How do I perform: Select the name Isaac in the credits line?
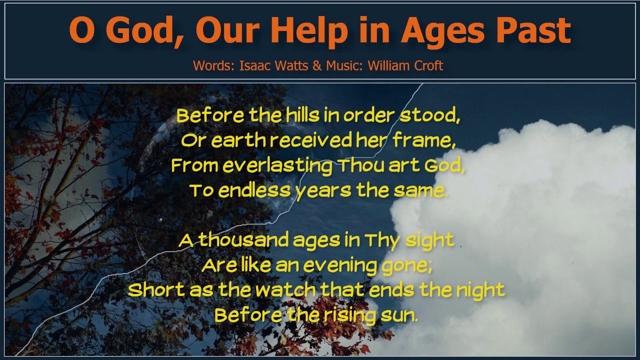coord(253,65)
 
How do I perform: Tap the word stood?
coord(429,115)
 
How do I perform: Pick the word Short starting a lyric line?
coord(156,290)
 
